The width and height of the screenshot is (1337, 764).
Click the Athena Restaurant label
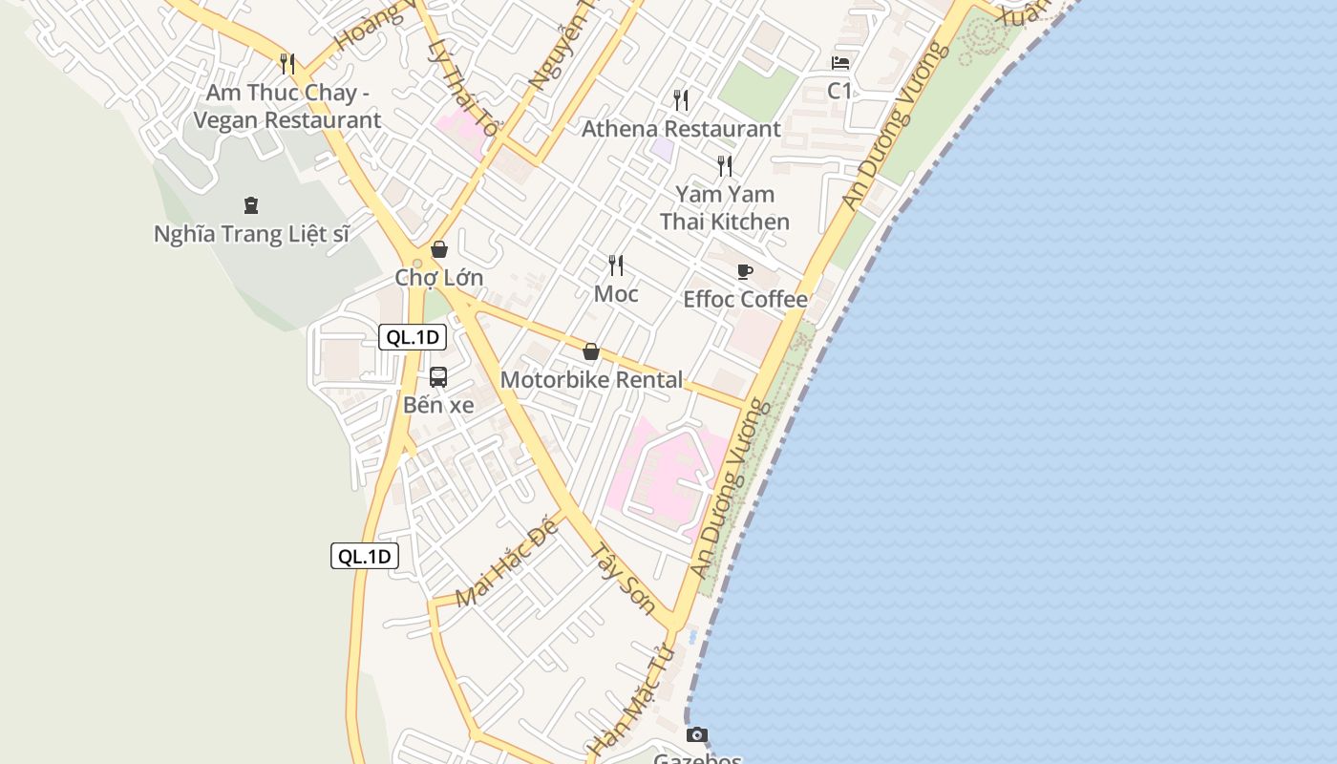coord(681,129)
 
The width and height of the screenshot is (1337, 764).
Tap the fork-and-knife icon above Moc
coord(616,265)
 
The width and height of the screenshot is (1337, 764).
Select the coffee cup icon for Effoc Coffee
coord(745,272)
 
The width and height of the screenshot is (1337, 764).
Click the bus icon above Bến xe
coord(438,377)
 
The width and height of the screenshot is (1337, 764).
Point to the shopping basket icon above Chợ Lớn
coord(439,250)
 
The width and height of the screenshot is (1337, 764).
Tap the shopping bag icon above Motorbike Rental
coord(591,351)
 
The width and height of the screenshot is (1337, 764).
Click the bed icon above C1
coord(840,63)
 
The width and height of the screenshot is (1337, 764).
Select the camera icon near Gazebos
coord(697,734)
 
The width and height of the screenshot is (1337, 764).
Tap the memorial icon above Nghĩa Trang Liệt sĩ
coord(251,204)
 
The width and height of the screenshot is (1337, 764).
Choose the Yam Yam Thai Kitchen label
coord(725,208)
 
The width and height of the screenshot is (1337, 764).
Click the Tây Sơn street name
coord(622,580)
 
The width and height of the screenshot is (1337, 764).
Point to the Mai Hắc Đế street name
coord(505,565)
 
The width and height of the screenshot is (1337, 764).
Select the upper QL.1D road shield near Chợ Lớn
coord(413,337)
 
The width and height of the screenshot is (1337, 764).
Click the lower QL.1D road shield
coord(365,557)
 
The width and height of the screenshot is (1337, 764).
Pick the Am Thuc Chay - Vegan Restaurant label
coord(287,106)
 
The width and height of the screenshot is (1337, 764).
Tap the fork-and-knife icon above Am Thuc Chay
coord(287,64)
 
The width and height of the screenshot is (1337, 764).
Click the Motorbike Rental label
coord(591,380)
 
